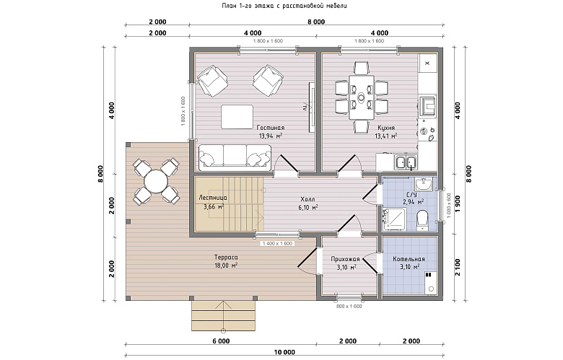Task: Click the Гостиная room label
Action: pos(271,128)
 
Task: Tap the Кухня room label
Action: pos(386,128)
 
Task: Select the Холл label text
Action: pos(308,200)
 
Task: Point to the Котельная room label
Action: pos(409,259)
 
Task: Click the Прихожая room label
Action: pos(345,259)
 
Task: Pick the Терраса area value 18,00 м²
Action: pos(226,265)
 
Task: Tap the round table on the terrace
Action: pos(156,181)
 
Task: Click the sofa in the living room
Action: pos(235,157)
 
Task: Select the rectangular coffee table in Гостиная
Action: pos(237,116)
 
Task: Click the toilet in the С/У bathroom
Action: pos(423,220)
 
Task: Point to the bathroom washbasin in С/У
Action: pos(424,185)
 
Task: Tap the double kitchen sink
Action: pos(406,162)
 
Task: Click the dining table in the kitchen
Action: pos(362,97)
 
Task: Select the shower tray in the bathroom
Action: pos(395,219)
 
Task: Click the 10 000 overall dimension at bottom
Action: pos(284,352)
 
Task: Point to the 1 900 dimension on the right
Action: pos(458,204)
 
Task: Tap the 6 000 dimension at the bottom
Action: pos(221,341)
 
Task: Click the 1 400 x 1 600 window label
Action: pos(278,243)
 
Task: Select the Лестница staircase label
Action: pos(212,198)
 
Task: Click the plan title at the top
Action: pos(284,6)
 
